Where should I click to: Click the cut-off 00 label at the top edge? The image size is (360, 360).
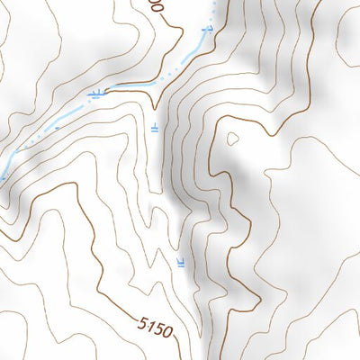tap(157, 4)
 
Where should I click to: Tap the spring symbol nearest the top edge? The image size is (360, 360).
tap(208, 31)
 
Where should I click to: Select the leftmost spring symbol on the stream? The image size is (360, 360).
tap(96, 93)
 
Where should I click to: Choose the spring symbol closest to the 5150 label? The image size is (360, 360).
tap(182, 263)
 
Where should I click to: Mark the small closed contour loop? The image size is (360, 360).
tap(233, 139)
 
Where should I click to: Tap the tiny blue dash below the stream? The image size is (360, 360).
tap(56, 127)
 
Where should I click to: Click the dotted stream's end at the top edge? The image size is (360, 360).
tap(214, 3)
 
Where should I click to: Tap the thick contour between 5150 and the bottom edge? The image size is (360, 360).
tap(177, 349)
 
